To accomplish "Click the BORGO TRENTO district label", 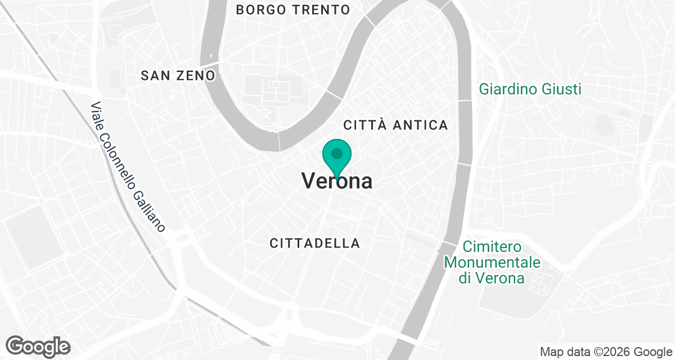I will (292, 10).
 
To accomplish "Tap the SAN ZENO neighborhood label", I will (178, 75).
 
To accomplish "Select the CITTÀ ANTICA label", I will (395, 125).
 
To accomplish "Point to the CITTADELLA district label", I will (315, 243).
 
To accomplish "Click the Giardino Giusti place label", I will (530, 89).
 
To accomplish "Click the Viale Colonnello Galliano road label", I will (128, 167).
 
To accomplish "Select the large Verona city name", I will (337, 181).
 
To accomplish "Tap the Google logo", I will (38, 345).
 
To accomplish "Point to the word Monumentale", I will (492, 263).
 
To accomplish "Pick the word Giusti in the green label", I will (562, 89).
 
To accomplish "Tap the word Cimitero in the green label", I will (492, 247).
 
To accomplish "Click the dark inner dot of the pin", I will (337, 153).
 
